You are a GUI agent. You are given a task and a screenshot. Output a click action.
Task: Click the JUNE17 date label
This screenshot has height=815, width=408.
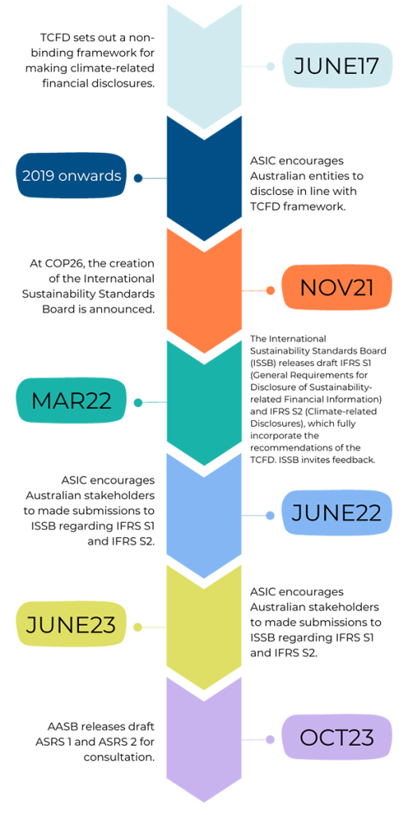coord(336,66)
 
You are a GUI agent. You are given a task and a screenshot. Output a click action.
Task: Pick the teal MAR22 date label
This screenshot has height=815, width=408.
coord(72,402)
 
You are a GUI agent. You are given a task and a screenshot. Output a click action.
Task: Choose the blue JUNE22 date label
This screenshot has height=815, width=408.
coord(336,513)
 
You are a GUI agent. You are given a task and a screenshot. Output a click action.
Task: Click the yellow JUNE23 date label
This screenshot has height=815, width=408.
coord(72,626)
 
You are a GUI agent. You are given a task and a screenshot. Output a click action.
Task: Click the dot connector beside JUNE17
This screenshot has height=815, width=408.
coord(270,67)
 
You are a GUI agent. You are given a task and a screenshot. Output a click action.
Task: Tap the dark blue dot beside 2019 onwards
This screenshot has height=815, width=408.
coord(138,178)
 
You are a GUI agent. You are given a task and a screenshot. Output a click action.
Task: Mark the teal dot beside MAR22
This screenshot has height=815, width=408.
coord(138,403)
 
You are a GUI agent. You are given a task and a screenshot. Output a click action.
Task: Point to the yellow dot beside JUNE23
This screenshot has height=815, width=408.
coord(138,627)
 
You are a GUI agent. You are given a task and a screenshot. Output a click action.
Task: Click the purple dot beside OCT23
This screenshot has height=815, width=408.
coord(270,739)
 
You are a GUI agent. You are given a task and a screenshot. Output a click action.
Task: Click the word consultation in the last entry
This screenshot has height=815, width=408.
coord(119,757)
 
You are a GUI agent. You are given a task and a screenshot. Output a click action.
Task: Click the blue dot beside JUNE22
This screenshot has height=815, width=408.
coord(270,515)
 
